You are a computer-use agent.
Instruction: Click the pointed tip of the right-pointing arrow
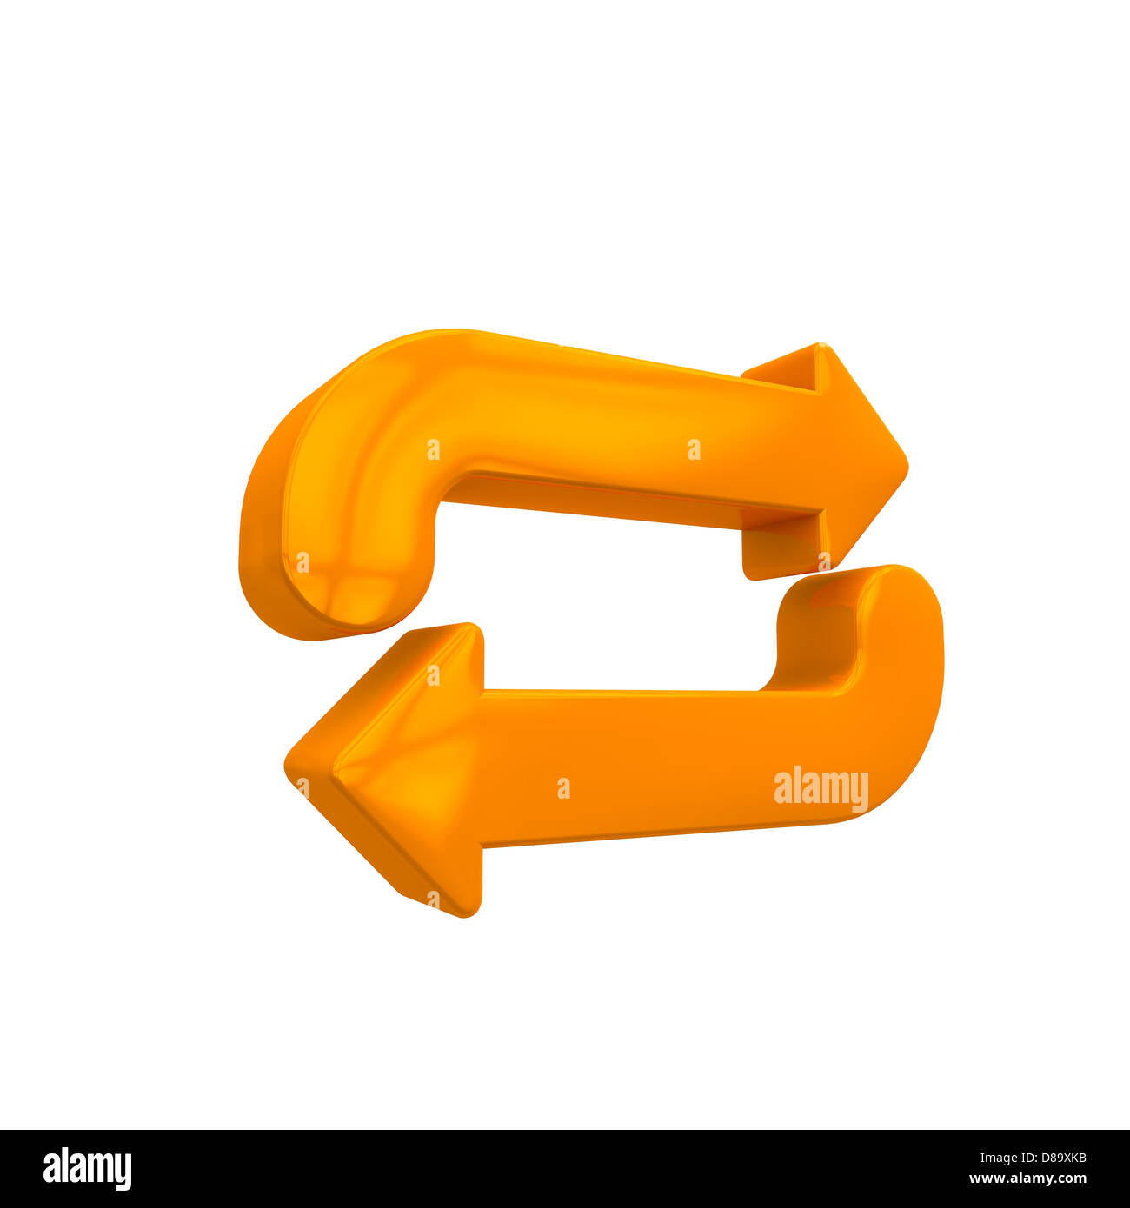tap(906, 468)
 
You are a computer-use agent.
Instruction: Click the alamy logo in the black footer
tap(87, 1168)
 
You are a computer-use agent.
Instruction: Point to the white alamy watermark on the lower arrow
tap(821, 788)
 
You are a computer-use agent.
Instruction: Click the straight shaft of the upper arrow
tap(608, 435)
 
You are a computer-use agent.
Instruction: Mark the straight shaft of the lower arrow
tap(652, 765)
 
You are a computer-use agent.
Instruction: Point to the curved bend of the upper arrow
tap(365, 417)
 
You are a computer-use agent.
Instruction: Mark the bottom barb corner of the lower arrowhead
tap(469, 914)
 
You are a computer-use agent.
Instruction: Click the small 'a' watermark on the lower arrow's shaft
tap(563, 788)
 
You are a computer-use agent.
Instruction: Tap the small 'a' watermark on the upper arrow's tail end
tap(302, 562)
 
